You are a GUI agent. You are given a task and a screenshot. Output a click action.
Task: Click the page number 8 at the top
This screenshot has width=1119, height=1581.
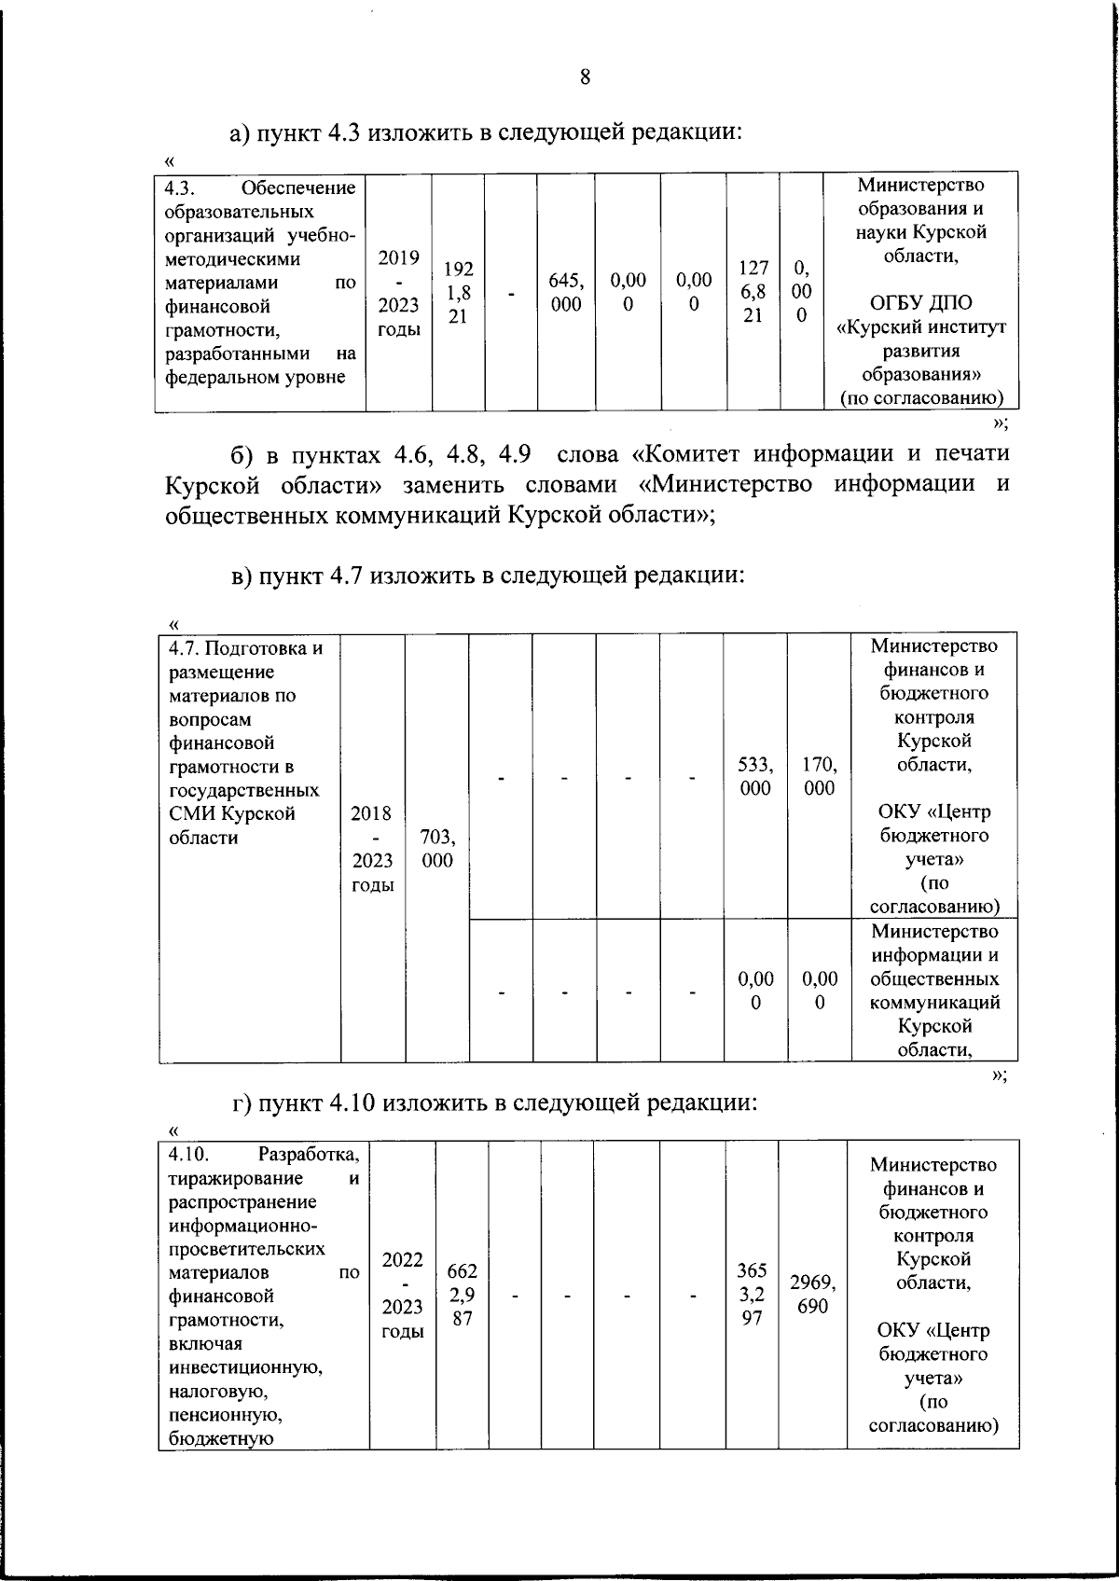tap(585, 77)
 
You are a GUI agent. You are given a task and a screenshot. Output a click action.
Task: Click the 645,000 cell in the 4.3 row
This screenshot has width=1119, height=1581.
tap(566, 293)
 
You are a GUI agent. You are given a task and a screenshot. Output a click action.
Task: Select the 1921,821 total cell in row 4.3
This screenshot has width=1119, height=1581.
tap(458, 293)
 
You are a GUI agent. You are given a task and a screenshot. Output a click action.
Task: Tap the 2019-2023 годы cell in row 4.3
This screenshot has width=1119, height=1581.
tap(398, 293)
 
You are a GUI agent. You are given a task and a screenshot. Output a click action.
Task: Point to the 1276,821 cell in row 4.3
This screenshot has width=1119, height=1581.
tap(753, 292)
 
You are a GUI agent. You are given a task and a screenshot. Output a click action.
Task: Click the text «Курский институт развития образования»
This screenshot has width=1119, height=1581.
tap(921, 352)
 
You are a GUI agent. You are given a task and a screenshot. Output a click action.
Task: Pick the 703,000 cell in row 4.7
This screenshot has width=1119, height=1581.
tap(437, 848)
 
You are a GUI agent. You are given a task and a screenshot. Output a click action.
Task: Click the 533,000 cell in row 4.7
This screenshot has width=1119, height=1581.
tap(755, 776)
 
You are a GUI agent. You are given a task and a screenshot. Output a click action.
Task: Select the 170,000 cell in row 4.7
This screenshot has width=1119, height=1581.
tap(819, 776)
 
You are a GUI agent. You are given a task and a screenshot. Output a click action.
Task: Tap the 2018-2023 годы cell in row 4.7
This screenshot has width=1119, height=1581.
tap(372, 848)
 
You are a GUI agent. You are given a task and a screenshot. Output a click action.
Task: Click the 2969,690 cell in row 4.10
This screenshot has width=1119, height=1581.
tap(812, 1294)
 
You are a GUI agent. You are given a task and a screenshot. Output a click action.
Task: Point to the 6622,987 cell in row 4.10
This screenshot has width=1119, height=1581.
tap(463, 1294)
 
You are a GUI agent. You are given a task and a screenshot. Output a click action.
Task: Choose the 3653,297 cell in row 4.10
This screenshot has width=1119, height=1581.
tap(752, 1294)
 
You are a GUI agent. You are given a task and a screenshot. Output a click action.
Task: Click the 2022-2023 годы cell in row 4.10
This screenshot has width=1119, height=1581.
tap(403, 1295)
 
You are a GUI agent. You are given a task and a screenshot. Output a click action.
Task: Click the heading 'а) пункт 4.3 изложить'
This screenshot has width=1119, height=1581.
tap(486, 132)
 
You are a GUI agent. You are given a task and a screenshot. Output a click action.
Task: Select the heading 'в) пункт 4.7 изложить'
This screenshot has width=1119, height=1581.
tap(488, 576)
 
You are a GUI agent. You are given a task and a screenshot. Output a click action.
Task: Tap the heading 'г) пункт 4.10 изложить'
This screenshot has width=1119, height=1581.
tap(493, 1103)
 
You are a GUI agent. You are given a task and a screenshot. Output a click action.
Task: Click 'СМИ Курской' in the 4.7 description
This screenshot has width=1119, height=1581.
tap(232, 813)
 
